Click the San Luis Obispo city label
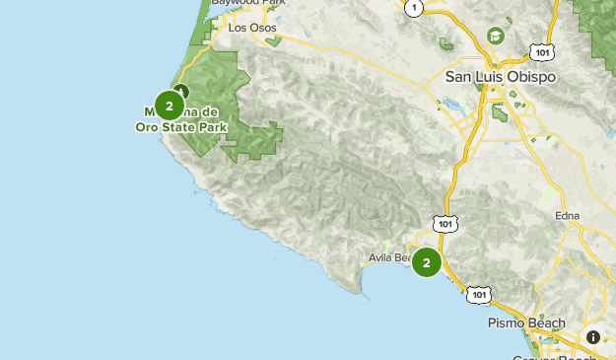[501, 76]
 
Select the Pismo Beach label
[527, 323]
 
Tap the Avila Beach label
[388, 258]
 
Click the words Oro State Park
[181, 127]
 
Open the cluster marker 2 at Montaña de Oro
[170, 106]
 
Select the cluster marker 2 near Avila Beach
[427, 262]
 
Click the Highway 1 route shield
[415, 8]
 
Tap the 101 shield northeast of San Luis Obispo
[540, 50]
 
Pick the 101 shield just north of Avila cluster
[446, 224]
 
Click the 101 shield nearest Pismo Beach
[479, 294]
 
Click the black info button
[593, 337]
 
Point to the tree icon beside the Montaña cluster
[180, 92]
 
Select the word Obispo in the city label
[533, 76]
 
